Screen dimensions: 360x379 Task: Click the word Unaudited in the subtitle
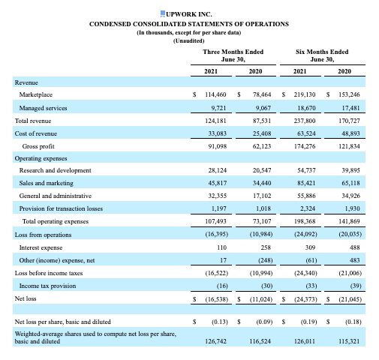[189, 41]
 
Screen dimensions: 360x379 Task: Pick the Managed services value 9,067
[262, 108]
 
